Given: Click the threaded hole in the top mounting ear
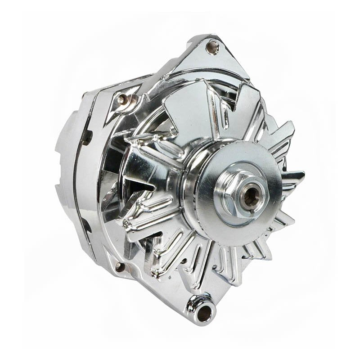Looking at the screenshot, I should point(212,45).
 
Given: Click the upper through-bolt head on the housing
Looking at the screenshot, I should point(122,99).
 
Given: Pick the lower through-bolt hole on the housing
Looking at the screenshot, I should point(119,267).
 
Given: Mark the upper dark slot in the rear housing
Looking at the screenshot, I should point(85,137).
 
